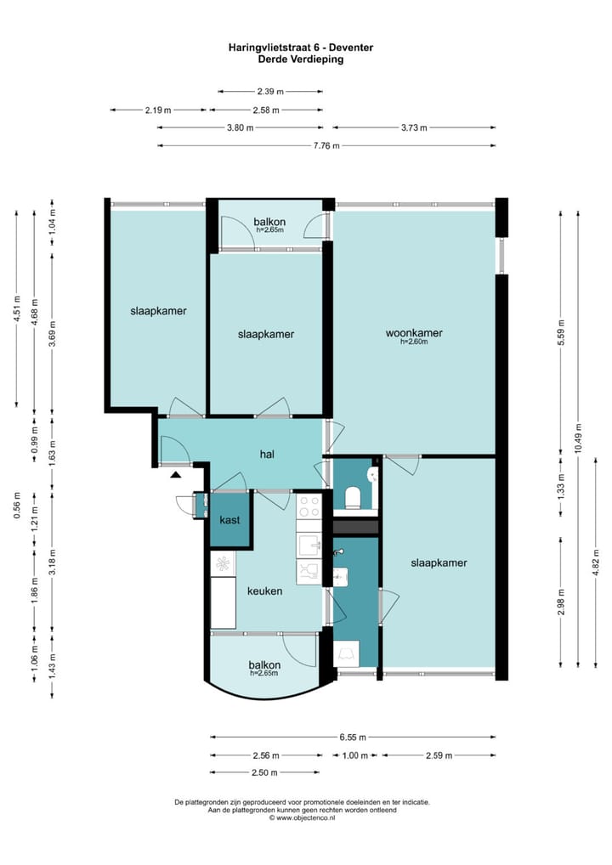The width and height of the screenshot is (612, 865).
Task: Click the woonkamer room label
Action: click(x=414, y=333)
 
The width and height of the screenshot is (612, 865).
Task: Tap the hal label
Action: click(x=267, y=454)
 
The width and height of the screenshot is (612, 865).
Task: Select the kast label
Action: click(x=229, y=520)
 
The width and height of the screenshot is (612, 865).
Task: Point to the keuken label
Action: click(x=265, y=591)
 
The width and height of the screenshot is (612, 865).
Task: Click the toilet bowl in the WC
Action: click(x=352, y=496)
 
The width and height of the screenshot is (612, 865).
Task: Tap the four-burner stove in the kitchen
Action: click(x=309, y=506)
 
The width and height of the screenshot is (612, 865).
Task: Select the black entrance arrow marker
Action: click(x=175, y=474)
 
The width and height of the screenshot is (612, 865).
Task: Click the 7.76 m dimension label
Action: click(x=326, y=145)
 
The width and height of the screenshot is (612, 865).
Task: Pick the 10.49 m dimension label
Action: click(x=578, y=438)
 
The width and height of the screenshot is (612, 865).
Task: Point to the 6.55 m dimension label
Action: click(x=353, y=737)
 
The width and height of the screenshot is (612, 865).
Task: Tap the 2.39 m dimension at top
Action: click(x=270, y=92)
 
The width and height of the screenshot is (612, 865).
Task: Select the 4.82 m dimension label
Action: click(x=596, y=563)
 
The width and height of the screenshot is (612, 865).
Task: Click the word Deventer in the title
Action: click(x=351, y=48)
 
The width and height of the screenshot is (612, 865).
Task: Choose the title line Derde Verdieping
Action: click(x=301, y=59)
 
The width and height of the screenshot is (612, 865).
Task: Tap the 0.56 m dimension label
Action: click(x=17, y=505)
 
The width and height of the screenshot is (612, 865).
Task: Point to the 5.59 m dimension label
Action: click(x=561, y=332)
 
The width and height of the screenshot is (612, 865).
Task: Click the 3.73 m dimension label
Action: click(x=414, y=127)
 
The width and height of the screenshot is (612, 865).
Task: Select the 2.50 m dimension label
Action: click(x=264, y=772)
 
